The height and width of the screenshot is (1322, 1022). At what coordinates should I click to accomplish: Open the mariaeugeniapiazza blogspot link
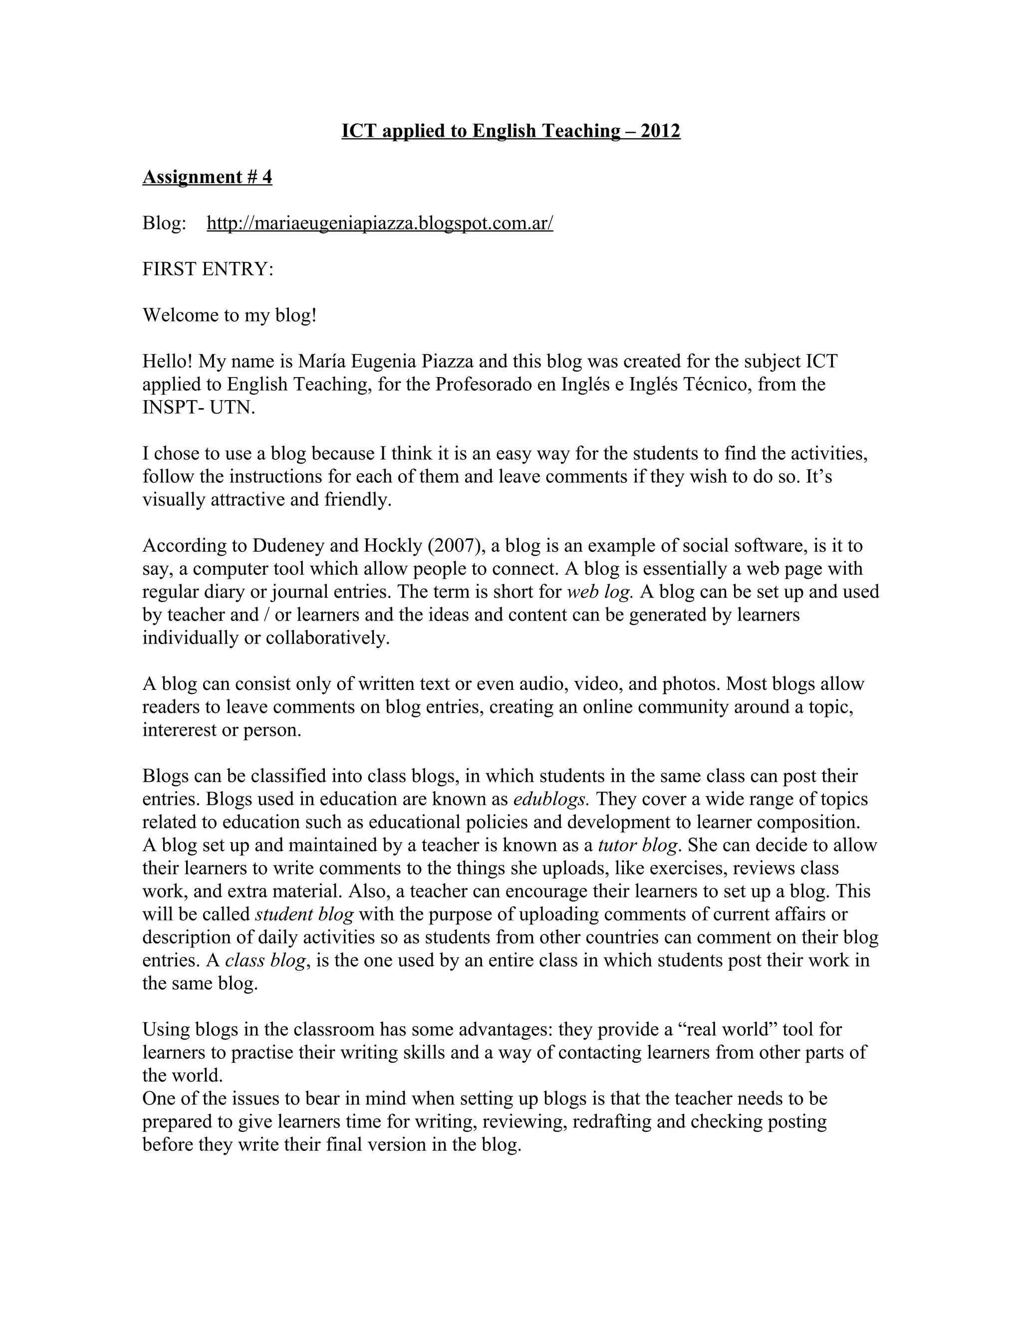(380, 223)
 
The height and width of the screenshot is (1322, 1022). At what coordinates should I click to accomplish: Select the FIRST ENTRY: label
(208, 269)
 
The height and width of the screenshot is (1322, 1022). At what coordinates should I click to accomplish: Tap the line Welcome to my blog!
(230, 315)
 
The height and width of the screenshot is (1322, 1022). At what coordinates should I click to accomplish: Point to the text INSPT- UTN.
(199, 408)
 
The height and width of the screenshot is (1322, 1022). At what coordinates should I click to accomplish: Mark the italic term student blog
(304, 914)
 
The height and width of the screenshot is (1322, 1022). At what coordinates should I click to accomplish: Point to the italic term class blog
(265, 960)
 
